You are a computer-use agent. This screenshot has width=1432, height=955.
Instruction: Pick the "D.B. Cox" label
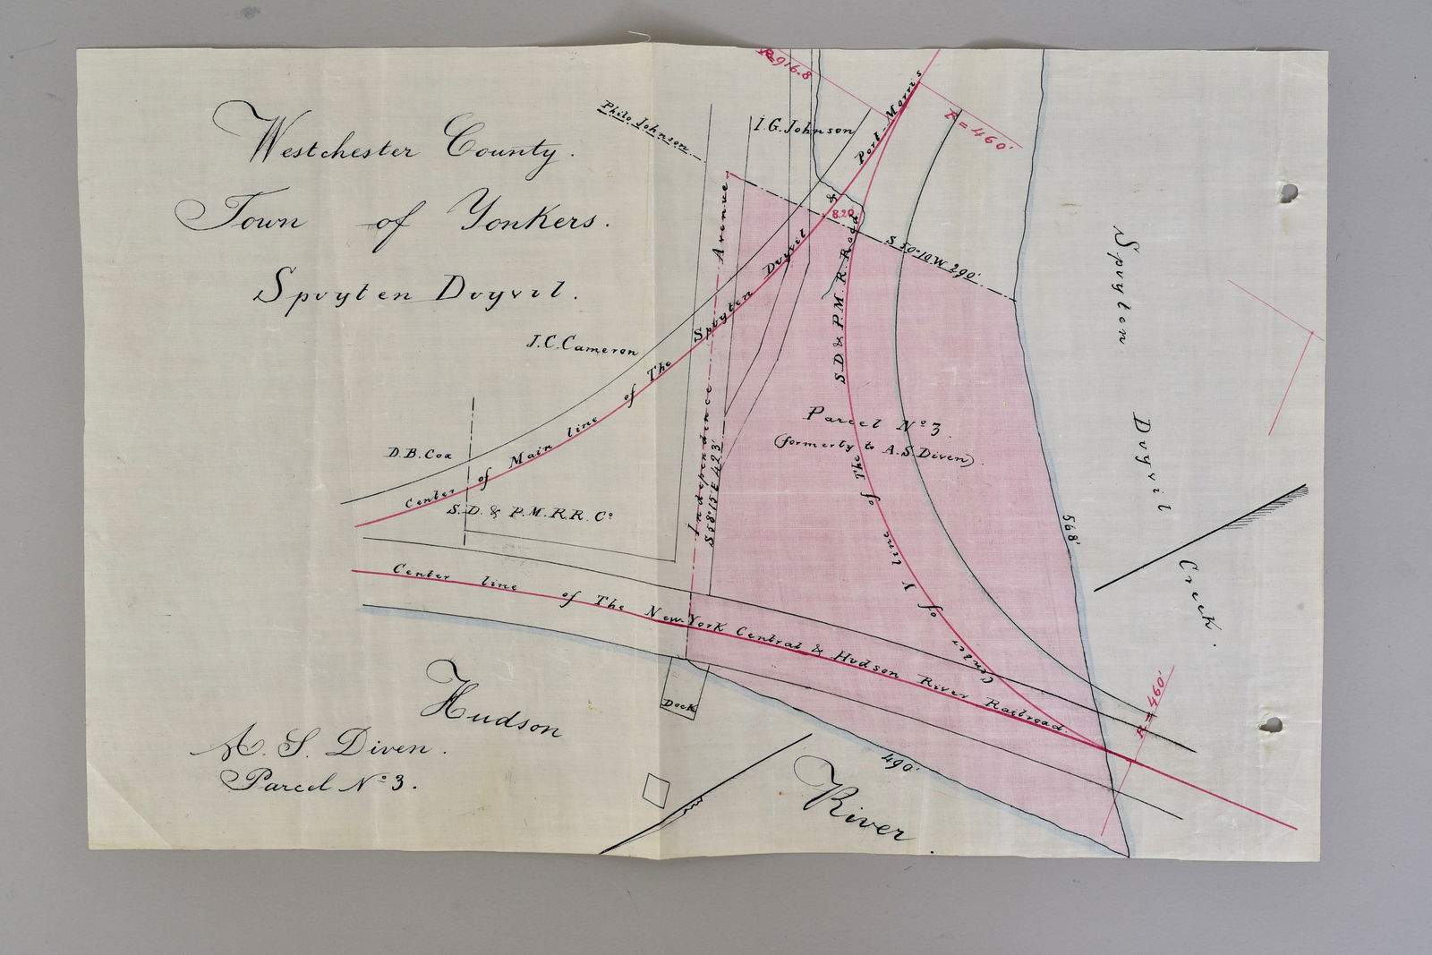click(418, 453)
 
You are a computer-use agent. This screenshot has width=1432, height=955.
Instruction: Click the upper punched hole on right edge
click(1288, 193)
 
